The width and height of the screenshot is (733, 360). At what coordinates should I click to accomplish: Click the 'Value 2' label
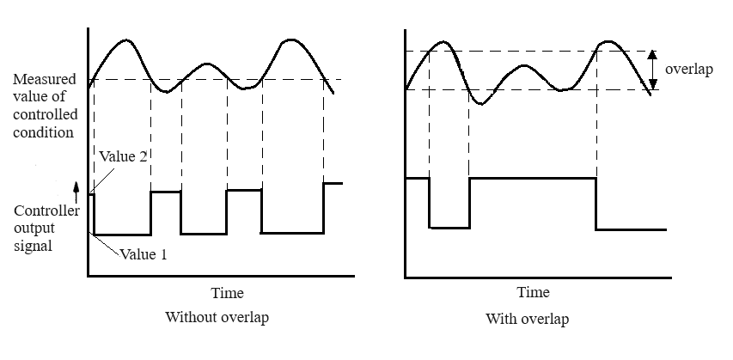click(123, 157)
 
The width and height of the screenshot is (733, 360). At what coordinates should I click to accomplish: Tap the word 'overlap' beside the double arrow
click(689, 70)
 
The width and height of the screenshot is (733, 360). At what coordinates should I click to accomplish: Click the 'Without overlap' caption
click(217, 318)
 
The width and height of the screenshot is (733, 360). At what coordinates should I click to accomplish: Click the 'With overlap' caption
click(526, 319)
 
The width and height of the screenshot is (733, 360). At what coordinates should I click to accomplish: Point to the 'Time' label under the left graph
click(227, 292)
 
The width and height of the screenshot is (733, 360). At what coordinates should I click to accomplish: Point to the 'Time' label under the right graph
click(533, 292)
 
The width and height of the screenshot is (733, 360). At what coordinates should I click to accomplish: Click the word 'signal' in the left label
click(34, 246)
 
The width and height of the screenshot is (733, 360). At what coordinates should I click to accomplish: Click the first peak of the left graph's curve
click(126, 40)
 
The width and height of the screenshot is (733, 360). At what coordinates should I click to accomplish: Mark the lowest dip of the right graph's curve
click(483, 104)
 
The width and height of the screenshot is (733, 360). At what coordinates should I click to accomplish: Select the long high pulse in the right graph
click(533, 178)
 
